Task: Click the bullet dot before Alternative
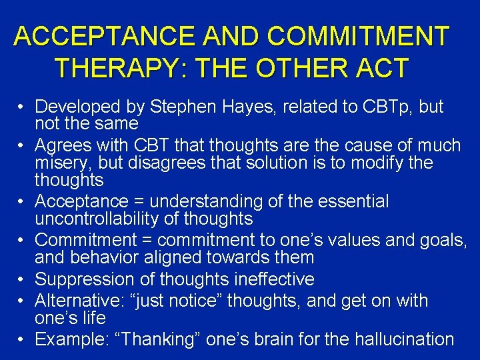tap(22, 301)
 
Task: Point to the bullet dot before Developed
tap(22, 107)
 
